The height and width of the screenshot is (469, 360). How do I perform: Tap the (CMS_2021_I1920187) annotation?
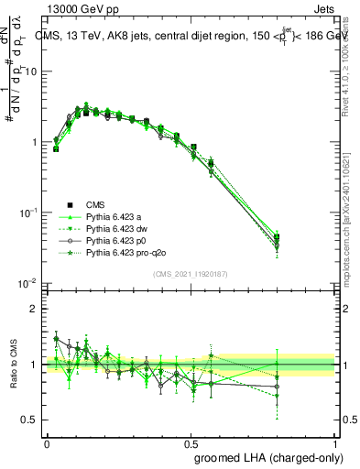(x=191, y=273)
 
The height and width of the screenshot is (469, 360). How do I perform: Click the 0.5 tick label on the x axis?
(x=191, y=442)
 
